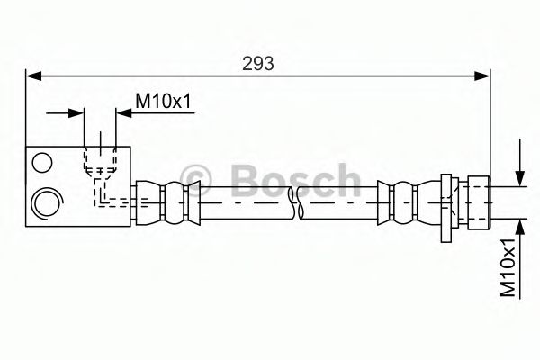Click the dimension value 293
pos(258,63)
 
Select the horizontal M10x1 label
pos(164,102)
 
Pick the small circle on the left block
pos(40,162)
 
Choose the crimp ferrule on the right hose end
pos(400,202)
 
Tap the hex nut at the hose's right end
pos(473,202)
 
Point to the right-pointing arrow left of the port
pos(76,112)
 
